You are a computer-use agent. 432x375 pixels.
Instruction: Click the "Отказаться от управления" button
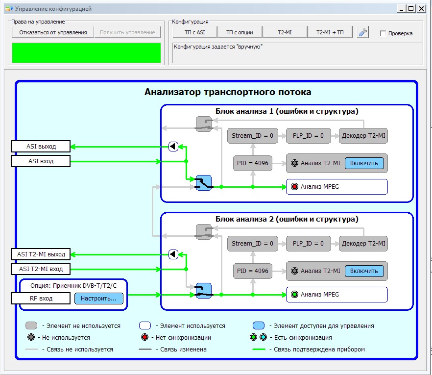click(53, 32)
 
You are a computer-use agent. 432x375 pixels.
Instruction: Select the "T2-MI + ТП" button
click(330, 32)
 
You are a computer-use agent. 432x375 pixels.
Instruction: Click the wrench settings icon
click(362, 32)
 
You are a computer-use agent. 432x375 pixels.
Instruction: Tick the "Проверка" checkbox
click(383, 33)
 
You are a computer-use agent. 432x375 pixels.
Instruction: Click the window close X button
click(421, 9)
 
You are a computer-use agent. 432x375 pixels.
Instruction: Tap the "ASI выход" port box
click(41, 147)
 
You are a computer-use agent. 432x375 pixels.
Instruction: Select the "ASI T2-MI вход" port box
click(41, 269)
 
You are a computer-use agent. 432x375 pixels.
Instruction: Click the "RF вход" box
click(41, 299)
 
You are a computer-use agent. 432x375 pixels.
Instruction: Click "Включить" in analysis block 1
click(364, 163)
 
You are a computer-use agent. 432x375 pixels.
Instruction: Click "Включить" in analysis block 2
click(364, 271)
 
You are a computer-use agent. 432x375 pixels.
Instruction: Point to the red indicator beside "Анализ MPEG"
click(294, 187)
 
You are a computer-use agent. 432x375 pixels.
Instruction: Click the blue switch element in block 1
click(204, 183)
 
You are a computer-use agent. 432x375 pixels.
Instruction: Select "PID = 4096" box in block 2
click(253, 271)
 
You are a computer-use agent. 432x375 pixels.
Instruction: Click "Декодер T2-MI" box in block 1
click(363, 136)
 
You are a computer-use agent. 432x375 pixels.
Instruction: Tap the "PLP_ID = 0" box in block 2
click(308, 244)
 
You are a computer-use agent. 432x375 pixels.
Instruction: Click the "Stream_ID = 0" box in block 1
click(252, 136)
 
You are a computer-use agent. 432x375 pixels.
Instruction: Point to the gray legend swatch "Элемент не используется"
click(31, 325)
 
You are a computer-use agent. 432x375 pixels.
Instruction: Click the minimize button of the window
click(402, 9)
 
